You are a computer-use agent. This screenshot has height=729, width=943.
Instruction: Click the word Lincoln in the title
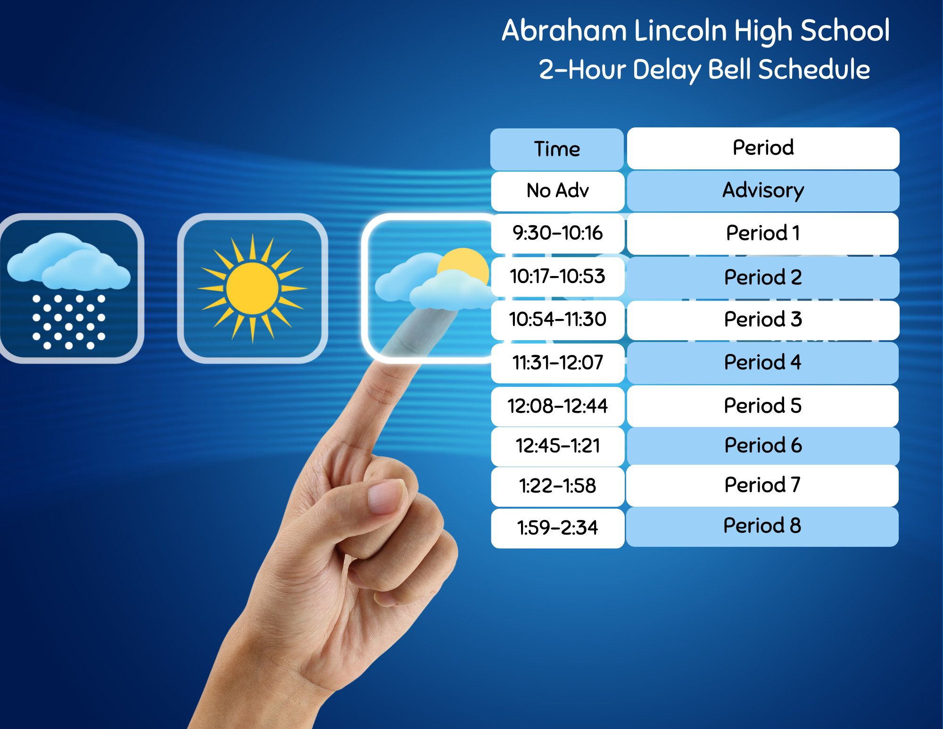click(680, 31)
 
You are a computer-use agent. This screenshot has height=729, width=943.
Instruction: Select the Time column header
click(557, 149)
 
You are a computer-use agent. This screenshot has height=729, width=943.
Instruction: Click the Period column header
click(763, 148)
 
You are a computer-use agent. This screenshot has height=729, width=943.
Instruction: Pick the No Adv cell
click(558, 191)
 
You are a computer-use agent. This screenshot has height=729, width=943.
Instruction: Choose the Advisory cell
click(763, 191)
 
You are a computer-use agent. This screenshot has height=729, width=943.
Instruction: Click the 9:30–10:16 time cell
click(558, 233)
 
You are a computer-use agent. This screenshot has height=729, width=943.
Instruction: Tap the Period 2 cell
click(763, 277)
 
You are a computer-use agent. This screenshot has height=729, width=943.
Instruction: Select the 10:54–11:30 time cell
click(558, 320)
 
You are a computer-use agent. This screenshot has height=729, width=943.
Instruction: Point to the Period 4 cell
click(762, 363)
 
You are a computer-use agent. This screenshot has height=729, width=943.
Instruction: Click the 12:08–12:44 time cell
click(558, 406)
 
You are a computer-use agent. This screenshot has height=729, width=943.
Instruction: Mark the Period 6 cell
click(763, 446)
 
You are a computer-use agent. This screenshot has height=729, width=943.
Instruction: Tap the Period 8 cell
click(762, 526)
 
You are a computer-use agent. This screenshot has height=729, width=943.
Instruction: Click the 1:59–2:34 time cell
click(558, 528)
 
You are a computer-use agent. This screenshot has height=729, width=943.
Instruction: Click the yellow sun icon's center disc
click(252, 288)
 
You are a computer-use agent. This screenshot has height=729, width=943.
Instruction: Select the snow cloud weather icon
click(71, 288)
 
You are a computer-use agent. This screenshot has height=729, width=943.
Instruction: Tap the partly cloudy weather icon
click(431, 288)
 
